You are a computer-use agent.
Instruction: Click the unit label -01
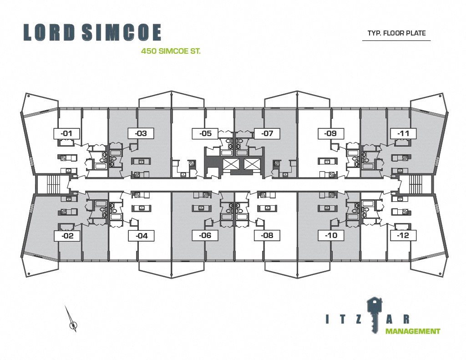[x=66, y=133]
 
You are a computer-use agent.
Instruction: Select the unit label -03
[x=141, y=133]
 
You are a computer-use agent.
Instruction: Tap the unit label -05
[x=205, y=133]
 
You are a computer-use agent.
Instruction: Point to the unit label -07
[x=267, y=133]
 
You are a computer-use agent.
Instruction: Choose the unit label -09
[x=331, y=133]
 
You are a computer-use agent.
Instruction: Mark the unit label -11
[x=403, y=133]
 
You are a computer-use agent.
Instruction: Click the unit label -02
[x=67, y=236]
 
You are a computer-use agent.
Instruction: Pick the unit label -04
[x=142, y=236]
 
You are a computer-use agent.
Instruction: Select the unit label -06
[x=205, y=236]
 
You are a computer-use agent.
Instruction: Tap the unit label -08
[x=267, y=236]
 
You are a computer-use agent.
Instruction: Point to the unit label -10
[x=331, y=236]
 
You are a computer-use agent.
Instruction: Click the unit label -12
[x=403, y=236]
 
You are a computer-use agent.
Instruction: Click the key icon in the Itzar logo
[x=375, y=314]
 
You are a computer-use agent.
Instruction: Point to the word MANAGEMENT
[x=413, y=331]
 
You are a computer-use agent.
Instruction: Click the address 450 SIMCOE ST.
[x=171, y=51]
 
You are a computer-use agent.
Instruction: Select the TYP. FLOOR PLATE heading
[x=396, y=33]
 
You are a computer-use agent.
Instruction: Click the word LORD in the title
[x=49, y=32]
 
